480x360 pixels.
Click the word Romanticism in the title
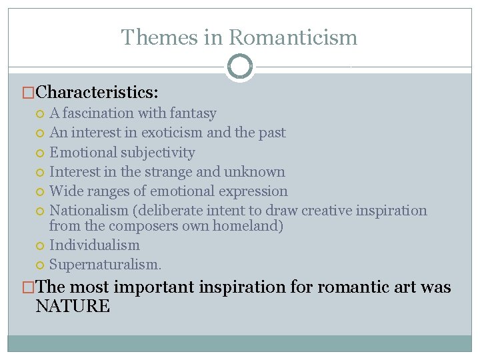click(x=294, y=37)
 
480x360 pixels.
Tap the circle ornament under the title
click(x=240, y=67)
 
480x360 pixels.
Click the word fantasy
click(x=193, y=113)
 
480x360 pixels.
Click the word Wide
click(x=65, y=191)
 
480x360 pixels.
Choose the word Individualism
click(x=95, y=245)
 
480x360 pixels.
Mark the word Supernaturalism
click(x=105, y=264)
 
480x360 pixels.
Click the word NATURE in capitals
click(x=73, y=306)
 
